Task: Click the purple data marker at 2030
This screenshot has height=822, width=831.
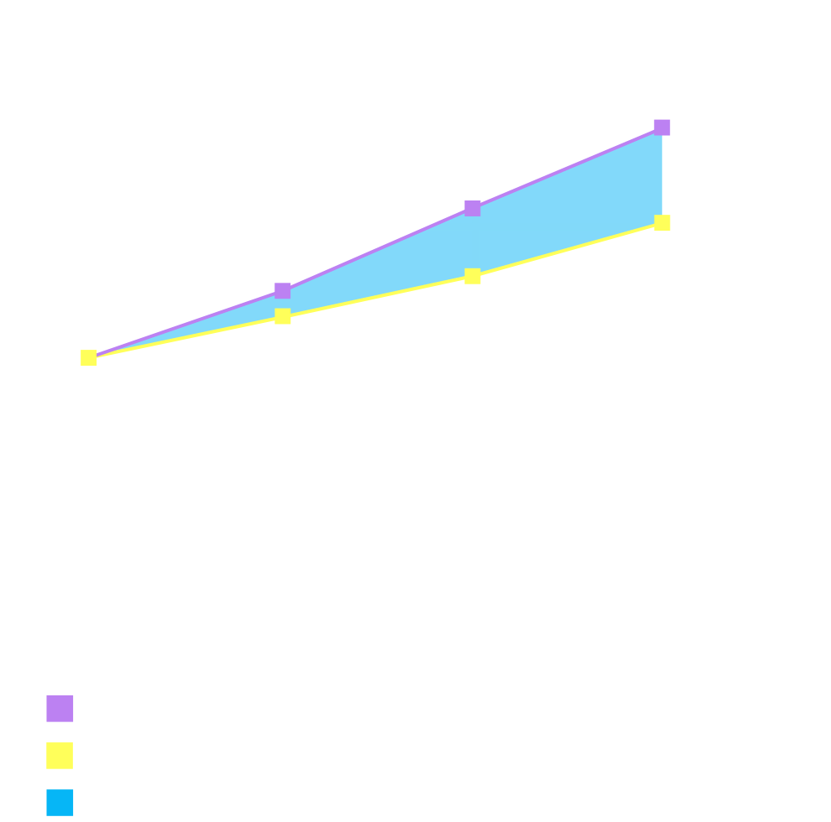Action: click(x=661, y=127)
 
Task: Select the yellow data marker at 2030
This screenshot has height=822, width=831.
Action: click(x=661, y=223)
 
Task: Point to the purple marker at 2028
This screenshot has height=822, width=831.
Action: click(x=473, y=208)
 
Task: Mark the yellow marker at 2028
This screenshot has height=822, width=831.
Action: click(x=473, y=276)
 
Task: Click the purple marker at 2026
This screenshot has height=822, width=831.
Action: click(x=283, y=290)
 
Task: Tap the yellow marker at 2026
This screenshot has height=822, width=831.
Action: click(x=283, y=316)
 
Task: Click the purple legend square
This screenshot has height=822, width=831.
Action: click(x=60, y=709)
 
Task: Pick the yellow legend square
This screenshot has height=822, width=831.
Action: click(x=60, y=756)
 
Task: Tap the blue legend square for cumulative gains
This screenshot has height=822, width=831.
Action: click(x=60, y=803)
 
